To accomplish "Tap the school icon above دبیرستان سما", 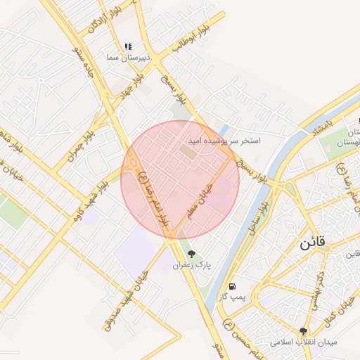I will (128, 47).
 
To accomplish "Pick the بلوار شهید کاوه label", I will (91, 199).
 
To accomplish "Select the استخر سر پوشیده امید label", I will (224, 141).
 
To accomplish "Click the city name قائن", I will (313, 245).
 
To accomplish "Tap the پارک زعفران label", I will (192, 265).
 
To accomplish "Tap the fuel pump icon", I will (232, 286).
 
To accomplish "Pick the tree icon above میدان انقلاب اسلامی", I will (304, 331).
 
